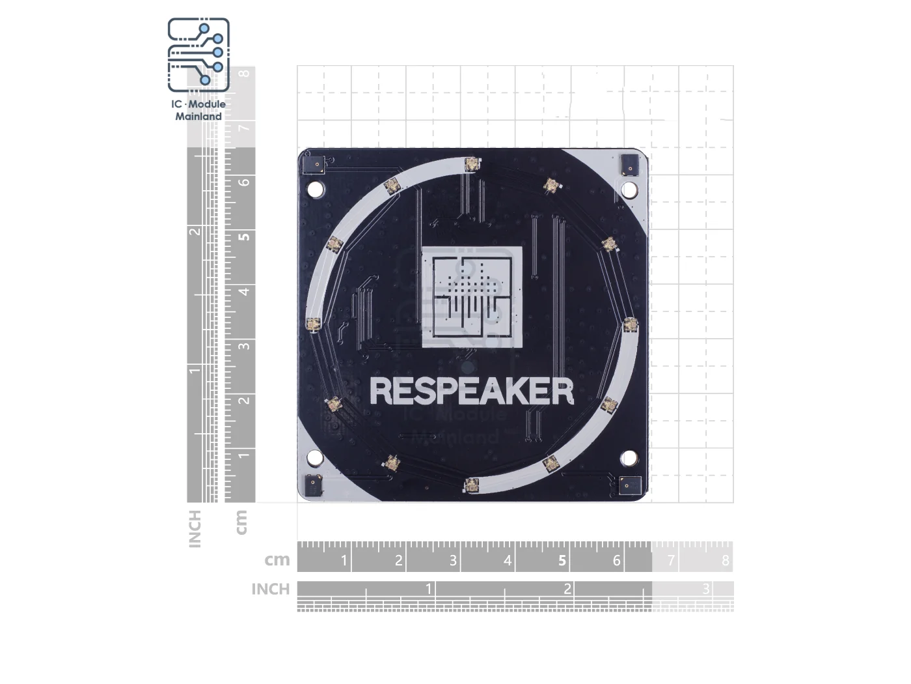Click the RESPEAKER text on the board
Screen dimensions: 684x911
pyautogui.click(x=471, y=392)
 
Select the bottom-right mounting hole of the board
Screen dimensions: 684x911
pyautogui.click(x=629, y=457)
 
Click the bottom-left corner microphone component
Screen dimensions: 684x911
pyautogui.click(x=314, y=485)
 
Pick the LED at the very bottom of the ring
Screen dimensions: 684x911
pyautogui.click(x=471, y=485)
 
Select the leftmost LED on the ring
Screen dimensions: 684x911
pyautogui.click(x=314, y=324)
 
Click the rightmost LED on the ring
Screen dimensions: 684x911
pyautogui.click(x=630, y=324)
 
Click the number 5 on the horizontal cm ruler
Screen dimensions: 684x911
pyautogui.click(x=562, y=560)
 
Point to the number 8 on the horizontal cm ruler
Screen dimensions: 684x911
pyautogui.click(x=726, y=560)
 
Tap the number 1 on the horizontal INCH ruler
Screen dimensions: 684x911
pyautogui.click(x=428, y=589)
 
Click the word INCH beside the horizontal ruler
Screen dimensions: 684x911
pyautogui.click(x=270, y=589)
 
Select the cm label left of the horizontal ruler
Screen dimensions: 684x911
pyautogui.click(x=277, y=560)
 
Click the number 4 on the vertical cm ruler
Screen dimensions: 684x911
pyautogui.click(x=244, y=291)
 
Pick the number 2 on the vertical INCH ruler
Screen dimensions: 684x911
pyautogui.click(x=195, y=233)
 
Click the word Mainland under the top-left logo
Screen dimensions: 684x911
pyautogui.click(x=198, y=117)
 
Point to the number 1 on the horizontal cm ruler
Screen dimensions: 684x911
pyautogui.click(x=344, y=560)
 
